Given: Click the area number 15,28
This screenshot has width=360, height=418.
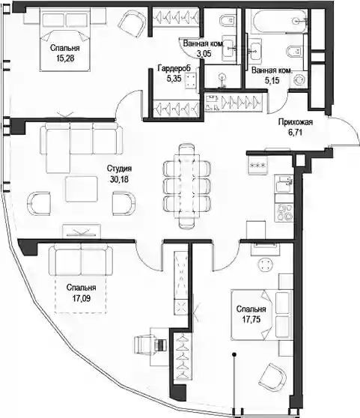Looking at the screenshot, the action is click(x=65, y=58).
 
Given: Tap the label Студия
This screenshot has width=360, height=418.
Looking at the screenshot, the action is click(x=119, y=169).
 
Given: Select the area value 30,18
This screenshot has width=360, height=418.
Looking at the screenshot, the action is click(x=119, y=179).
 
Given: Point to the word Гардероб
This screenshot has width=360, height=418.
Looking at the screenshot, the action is click(x=174, y=68).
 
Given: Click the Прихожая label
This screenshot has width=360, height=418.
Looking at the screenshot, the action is click(x=296, y=122).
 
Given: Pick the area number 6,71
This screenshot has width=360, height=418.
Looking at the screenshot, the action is click(x=296, y=133).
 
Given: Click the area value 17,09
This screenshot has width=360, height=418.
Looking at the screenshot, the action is click(x=82, y=298).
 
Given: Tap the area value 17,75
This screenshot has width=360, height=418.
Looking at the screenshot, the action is click(x=251, y=319).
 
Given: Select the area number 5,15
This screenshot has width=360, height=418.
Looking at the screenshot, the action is click(x=272, y=80).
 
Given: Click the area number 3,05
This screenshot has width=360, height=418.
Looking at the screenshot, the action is click(x=204, y=53).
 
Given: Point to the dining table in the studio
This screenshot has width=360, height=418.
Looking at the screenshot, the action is click(x=186, y=186).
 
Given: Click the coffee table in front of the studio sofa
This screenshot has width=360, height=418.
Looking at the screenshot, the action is click(x=82, y=189).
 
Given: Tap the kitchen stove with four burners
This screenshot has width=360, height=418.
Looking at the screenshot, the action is click(x=284, y=212).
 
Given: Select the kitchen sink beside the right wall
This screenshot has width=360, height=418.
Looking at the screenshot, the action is click(x=284, y=184).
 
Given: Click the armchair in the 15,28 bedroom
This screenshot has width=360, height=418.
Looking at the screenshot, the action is click(x=132, y=23).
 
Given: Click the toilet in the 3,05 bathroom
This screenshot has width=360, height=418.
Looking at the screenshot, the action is click(x=227, y=20).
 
